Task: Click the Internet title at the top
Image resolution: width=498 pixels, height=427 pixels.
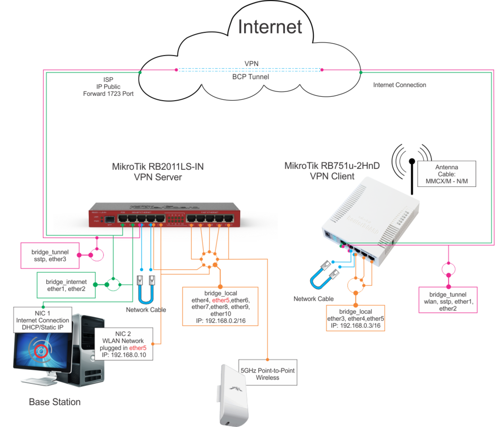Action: [270, 27]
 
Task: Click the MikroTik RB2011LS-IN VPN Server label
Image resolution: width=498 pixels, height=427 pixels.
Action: [158, 172]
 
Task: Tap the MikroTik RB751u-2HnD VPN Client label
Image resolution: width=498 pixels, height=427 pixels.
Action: [332, 171]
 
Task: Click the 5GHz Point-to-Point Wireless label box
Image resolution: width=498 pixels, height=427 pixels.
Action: [268, 374]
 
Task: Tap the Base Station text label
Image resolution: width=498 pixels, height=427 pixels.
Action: [54, 402]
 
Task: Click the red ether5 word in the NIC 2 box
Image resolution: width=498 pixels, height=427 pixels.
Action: [138, 348]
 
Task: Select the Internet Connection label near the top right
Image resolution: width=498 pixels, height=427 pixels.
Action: [400, 85]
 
